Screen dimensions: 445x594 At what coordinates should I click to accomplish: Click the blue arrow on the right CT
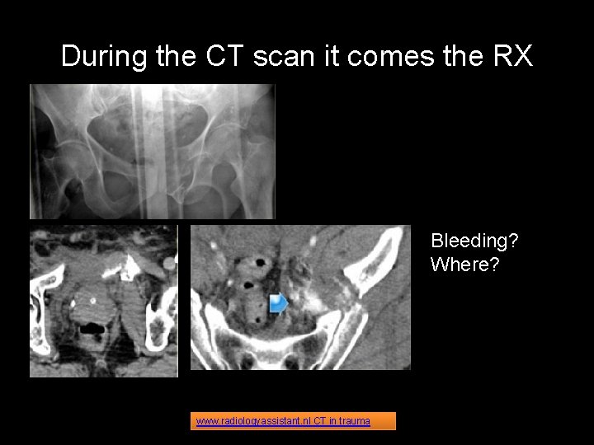279,304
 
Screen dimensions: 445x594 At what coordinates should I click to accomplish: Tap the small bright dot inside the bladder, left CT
92,300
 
